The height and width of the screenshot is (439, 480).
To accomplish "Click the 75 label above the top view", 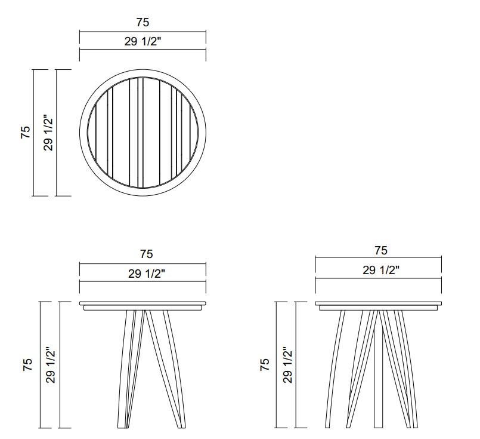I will point(143,22).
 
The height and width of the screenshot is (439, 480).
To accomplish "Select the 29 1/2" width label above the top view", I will point(143,41).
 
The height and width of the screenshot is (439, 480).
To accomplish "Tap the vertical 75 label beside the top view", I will point(26,133).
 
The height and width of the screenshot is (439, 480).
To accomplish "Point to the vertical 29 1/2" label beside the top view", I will point(48,133).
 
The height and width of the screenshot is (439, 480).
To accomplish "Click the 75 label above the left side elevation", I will point(146,254).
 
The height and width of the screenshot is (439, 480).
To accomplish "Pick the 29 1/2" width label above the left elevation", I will point(146,274).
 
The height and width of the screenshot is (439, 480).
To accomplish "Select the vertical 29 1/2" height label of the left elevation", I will point(51,365).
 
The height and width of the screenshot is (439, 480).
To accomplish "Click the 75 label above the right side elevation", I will point(381,250).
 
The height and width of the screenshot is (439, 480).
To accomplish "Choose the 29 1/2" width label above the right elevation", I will point(381,270).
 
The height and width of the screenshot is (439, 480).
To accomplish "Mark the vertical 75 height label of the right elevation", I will point(265,365).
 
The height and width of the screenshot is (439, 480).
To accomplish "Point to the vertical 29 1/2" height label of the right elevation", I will point(287,365).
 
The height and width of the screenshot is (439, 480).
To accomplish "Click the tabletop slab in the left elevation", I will point(143,303).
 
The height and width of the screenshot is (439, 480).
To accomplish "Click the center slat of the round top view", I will point(140,131).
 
